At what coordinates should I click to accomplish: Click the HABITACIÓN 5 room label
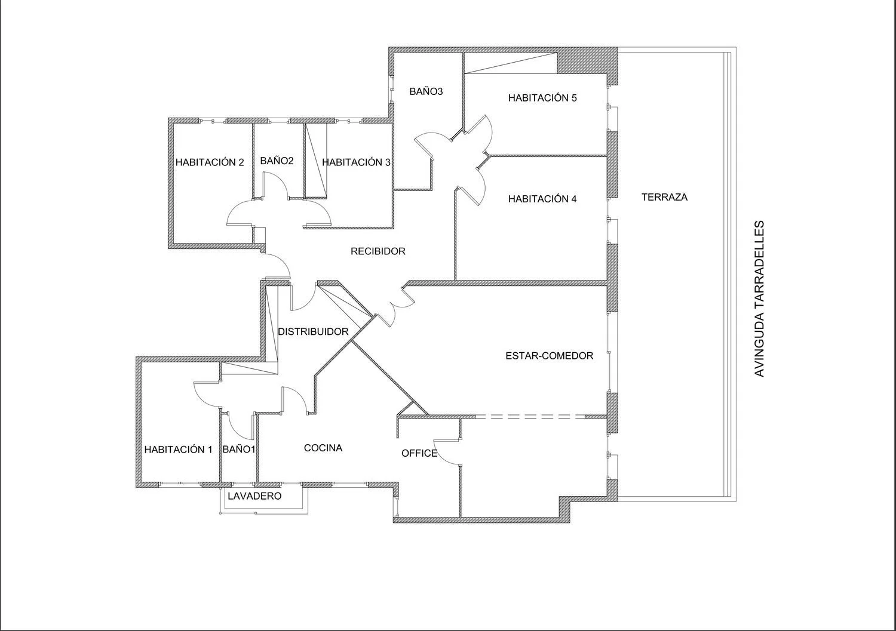coord(542,98)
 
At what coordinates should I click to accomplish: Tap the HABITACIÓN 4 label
coord(542,199)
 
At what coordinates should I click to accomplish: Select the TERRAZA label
coord(664,197)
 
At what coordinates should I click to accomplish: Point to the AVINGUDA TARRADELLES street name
coord(759,298)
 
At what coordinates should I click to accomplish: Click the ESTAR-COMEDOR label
coord(549,356)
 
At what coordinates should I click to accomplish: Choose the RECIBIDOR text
coord(378,251)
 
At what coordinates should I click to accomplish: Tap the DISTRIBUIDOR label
coord(313,331)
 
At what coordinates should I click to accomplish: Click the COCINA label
coord(323,448)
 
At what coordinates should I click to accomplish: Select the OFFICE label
coord(419,453)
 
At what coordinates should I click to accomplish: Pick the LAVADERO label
coord(255,496)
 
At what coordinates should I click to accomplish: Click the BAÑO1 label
coord(239,450)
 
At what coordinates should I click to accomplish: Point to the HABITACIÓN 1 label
coord(179,450)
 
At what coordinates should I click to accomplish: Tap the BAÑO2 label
coord(277,161)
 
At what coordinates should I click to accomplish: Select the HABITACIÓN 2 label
coord(210,162)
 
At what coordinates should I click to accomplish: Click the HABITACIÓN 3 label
coord(356,162)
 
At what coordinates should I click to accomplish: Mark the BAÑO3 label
coord(426,91)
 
